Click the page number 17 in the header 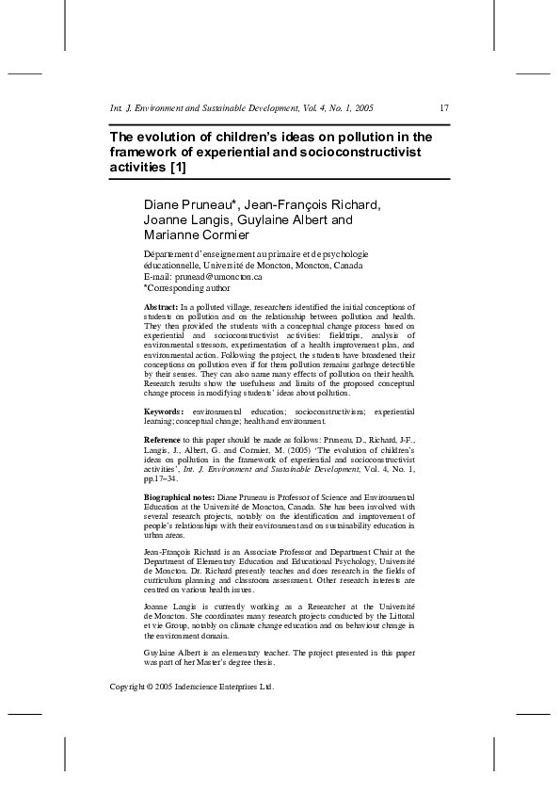pyautogui.click(x=443, y=108)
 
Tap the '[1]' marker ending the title pyautogui.click(x=176, y=168)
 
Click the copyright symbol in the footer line pyautogui.click(x=153, y=687)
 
